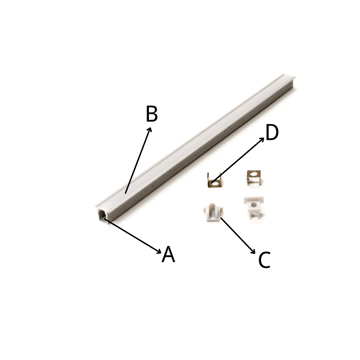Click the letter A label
coord(168,254)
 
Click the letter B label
coord(152,114)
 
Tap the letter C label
coord(264,260)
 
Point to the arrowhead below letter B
coord(150,130)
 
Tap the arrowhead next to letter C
coord(253,251)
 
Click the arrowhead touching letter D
coord(262,139)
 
